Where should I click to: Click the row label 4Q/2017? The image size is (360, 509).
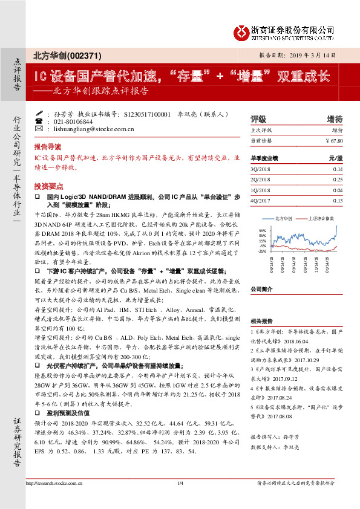259,200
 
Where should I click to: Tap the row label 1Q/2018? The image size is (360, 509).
259,190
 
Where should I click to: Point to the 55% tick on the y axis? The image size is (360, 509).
262,230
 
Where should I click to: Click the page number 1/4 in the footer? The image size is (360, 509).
180,499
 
